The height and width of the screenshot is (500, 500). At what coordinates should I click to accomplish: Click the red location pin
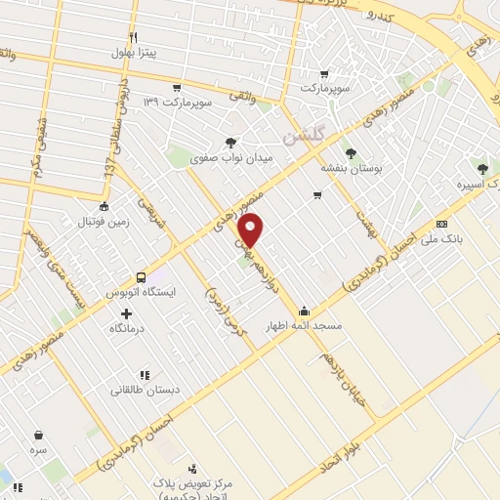click(x=251, y=230)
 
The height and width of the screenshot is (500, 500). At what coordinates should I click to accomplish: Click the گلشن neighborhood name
click(x=302, y=137)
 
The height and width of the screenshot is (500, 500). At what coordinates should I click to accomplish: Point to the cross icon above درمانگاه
click(x=125, y=313)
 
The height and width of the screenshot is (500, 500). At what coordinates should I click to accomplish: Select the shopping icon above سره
click(x=37, y=436)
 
